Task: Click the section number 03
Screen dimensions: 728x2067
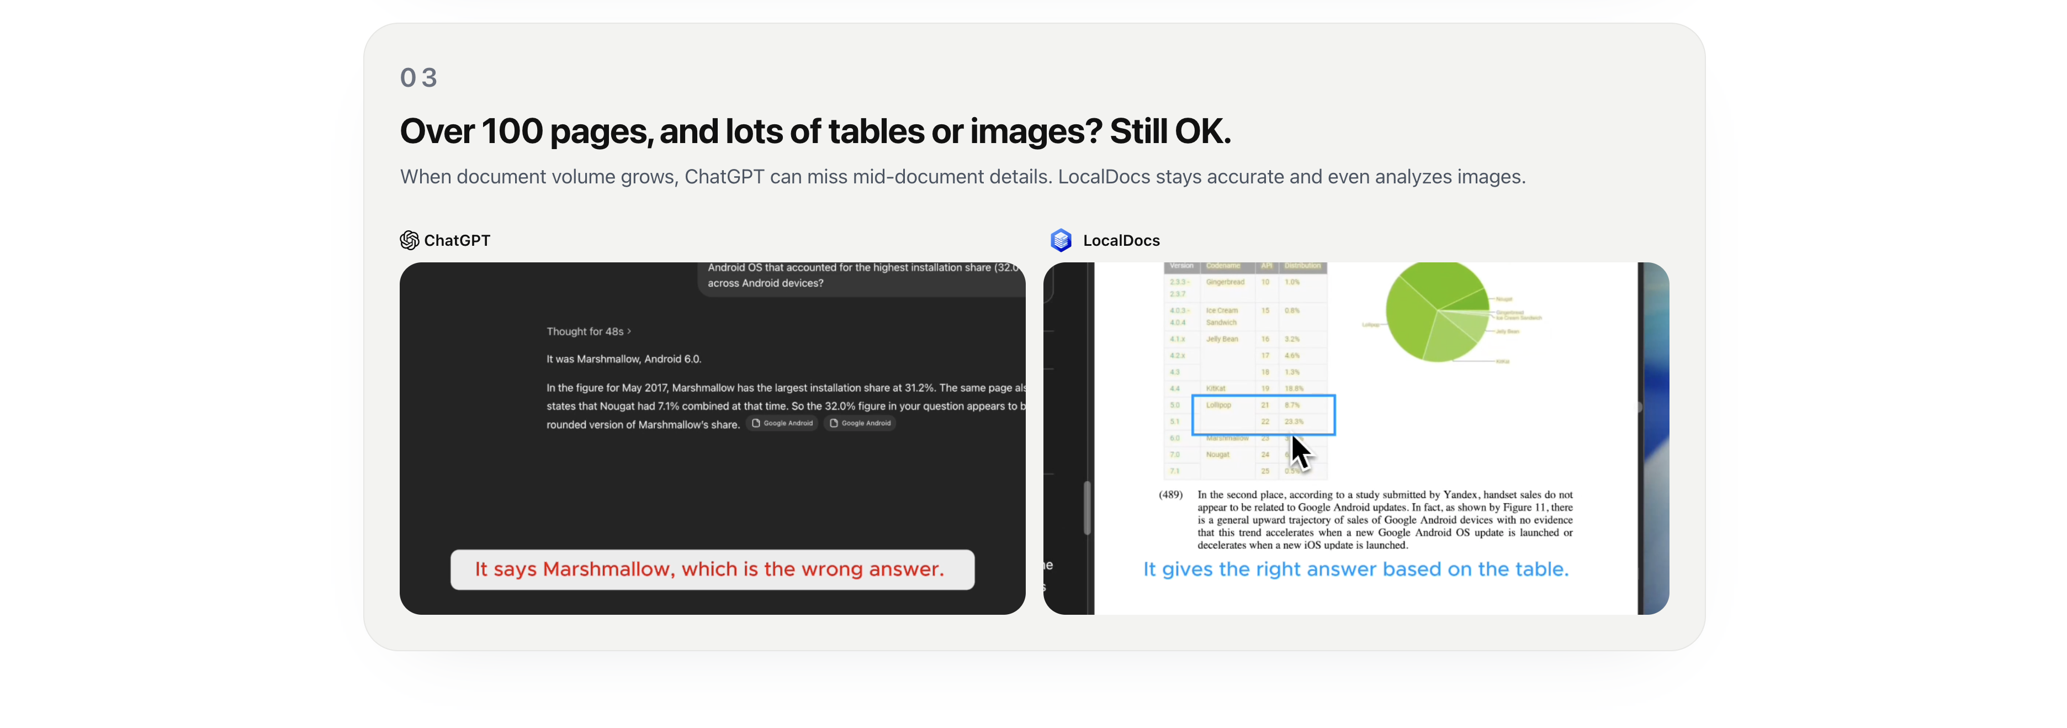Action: pos(418,78)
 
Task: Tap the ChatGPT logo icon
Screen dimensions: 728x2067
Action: pos(409,240)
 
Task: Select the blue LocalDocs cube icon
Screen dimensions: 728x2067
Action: pos(1061,240)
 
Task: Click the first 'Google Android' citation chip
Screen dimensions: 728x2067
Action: pos(782,424)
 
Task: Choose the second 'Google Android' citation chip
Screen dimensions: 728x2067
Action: pos(860,424)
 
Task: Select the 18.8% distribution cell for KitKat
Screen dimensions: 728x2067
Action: pos(1294,388)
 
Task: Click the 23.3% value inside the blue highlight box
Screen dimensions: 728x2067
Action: pos(1294,421)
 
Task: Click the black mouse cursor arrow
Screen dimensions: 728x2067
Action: pos(1299,452)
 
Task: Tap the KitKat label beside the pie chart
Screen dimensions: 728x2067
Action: pos(1502,362)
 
